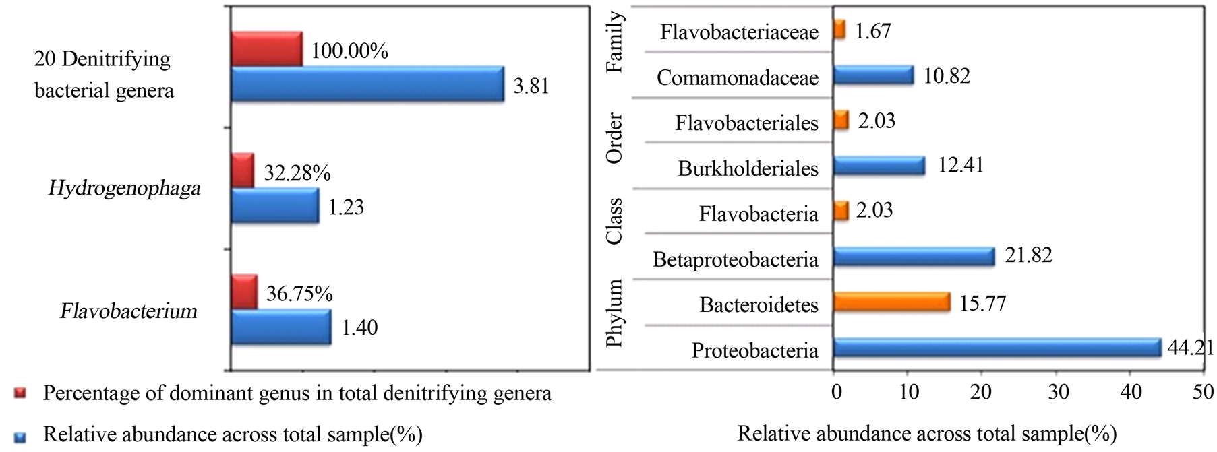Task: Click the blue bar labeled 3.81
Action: [367, 84]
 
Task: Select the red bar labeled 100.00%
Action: [266, 49]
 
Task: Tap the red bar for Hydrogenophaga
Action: [243, 170]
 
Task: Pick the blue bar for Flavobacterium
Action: [281, 327]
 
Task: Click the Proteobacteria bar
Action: [997, 348]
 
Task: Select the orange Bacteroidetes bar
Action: [891, 302]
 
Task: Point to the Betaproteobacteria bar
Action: [914, 257]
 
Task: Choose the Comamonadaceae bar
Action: [873, 75]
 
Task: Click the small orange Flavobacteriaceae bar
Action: [839, 30]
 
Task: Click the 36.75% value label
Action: [299, 294]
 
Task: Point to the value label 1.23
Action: [346, 207]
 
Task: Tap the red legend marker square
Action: [20, 393]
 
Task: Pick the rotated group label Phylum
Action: [614, 313]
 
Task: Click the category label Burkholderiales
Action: [748, 168]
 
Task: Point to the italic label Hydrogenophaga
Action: [124, 188]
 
